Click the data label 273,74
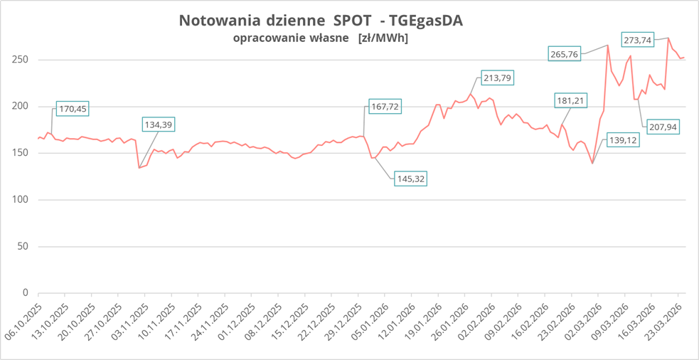coord(637,40)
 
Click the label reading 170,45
coord(73,109)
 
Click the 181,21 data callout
coord(570,101)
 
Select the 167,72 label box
coord(386,107)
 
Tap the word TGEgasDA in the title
coord(421,20)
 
